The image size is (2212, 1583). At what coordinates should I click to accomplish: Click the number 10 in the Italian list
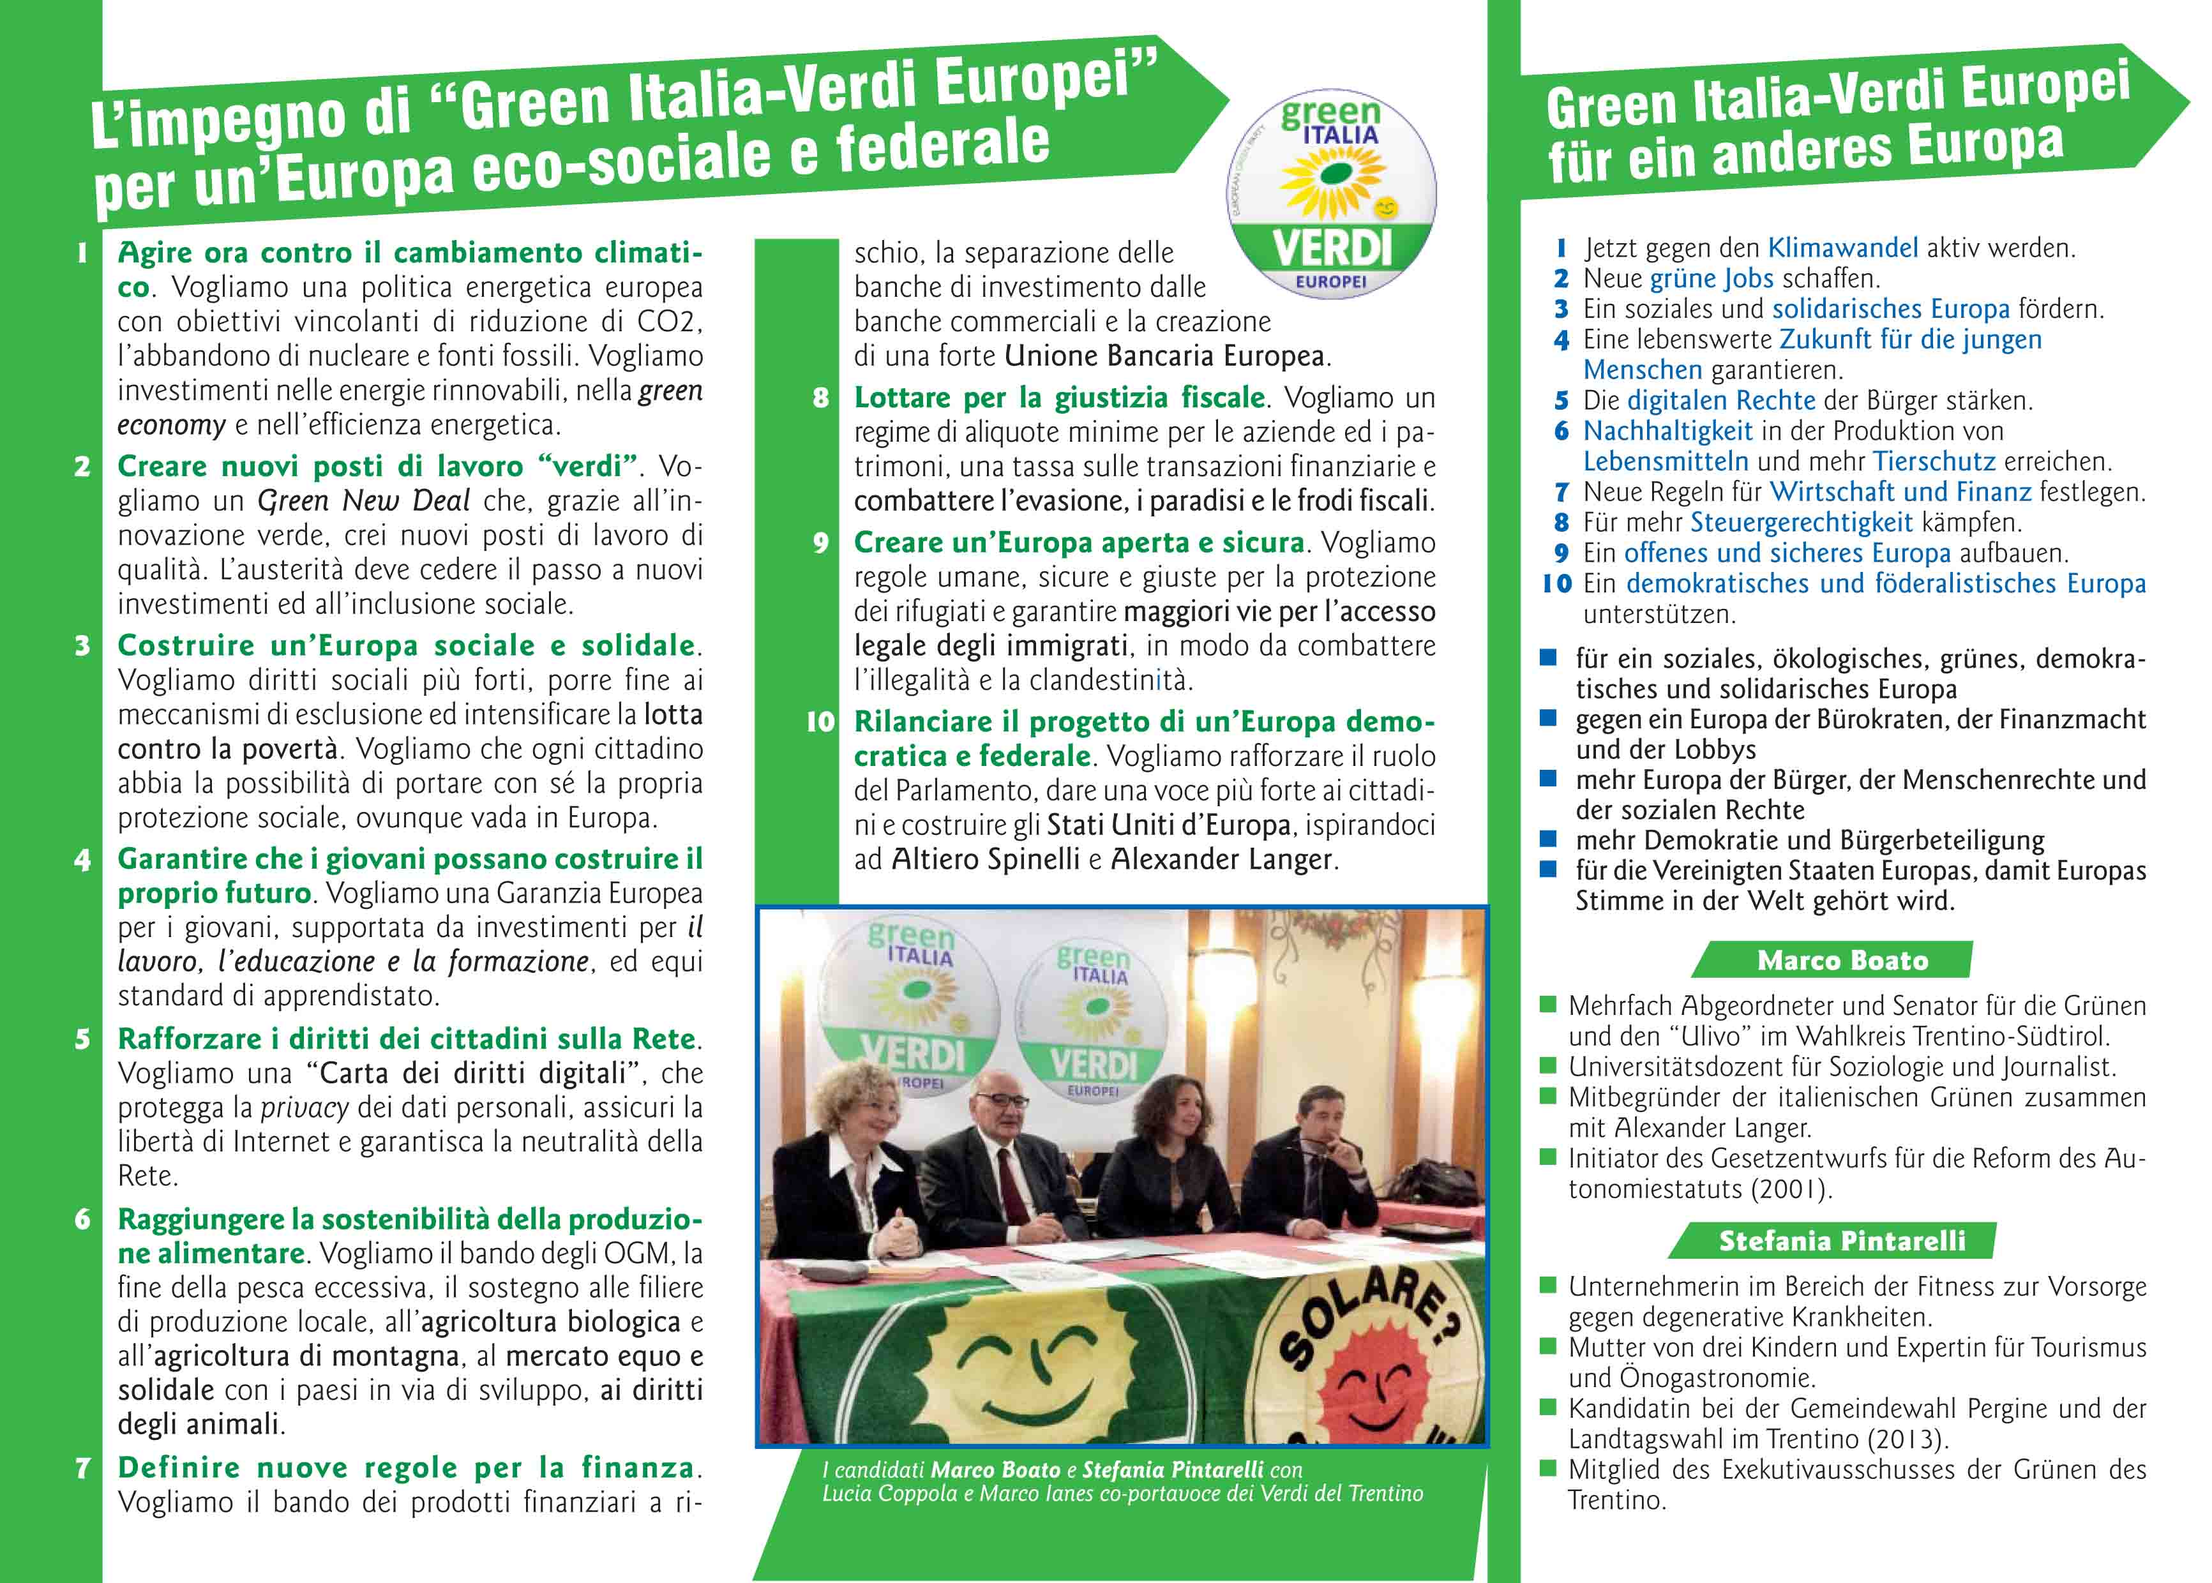coord(820,723)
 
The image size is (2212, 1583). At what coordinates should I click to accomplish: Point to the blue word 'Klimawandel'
coord(1842,248)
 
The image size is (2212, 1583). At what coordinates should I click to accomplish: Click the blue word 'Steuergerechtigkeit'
coord(1801,523)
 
